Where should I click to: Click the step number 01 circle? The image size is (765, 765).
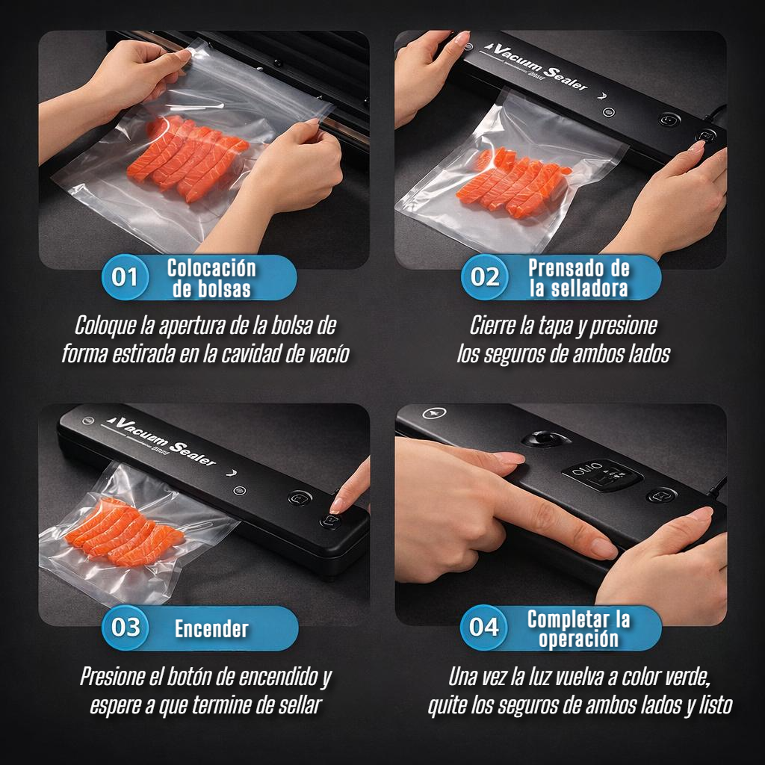(x=125, y=277)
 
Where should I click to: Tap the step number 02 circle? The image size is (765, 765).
(x=484, y=277)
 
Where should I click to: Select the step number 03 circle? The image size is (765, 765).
(x=125, y=628)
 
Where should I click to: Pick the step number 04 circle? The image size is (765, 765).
(x=483, y=628)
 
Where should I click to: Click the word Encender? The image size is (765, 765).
(x=211, y=629)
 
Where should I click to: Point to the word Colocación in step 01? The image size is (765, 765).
(x=211, y=268)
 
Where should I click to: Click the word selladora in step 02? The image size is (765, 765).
(x=589, y=288)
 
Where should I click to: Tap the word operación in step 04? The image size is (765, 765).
(x=579, y=639)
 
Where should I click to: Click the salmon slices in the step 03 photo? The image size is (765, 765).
(x=125, y=531)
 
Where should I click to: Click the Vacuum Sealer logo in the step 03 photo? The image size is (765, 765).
(x=162, y=441)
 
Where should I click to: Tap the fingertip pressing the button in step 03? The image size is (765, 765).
(x=338, y=506)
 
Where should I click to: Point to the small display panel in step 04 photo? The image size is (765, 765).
(x=601, y=474)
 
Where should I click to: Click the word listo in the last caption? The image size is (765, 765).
(x=716, y=705)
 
